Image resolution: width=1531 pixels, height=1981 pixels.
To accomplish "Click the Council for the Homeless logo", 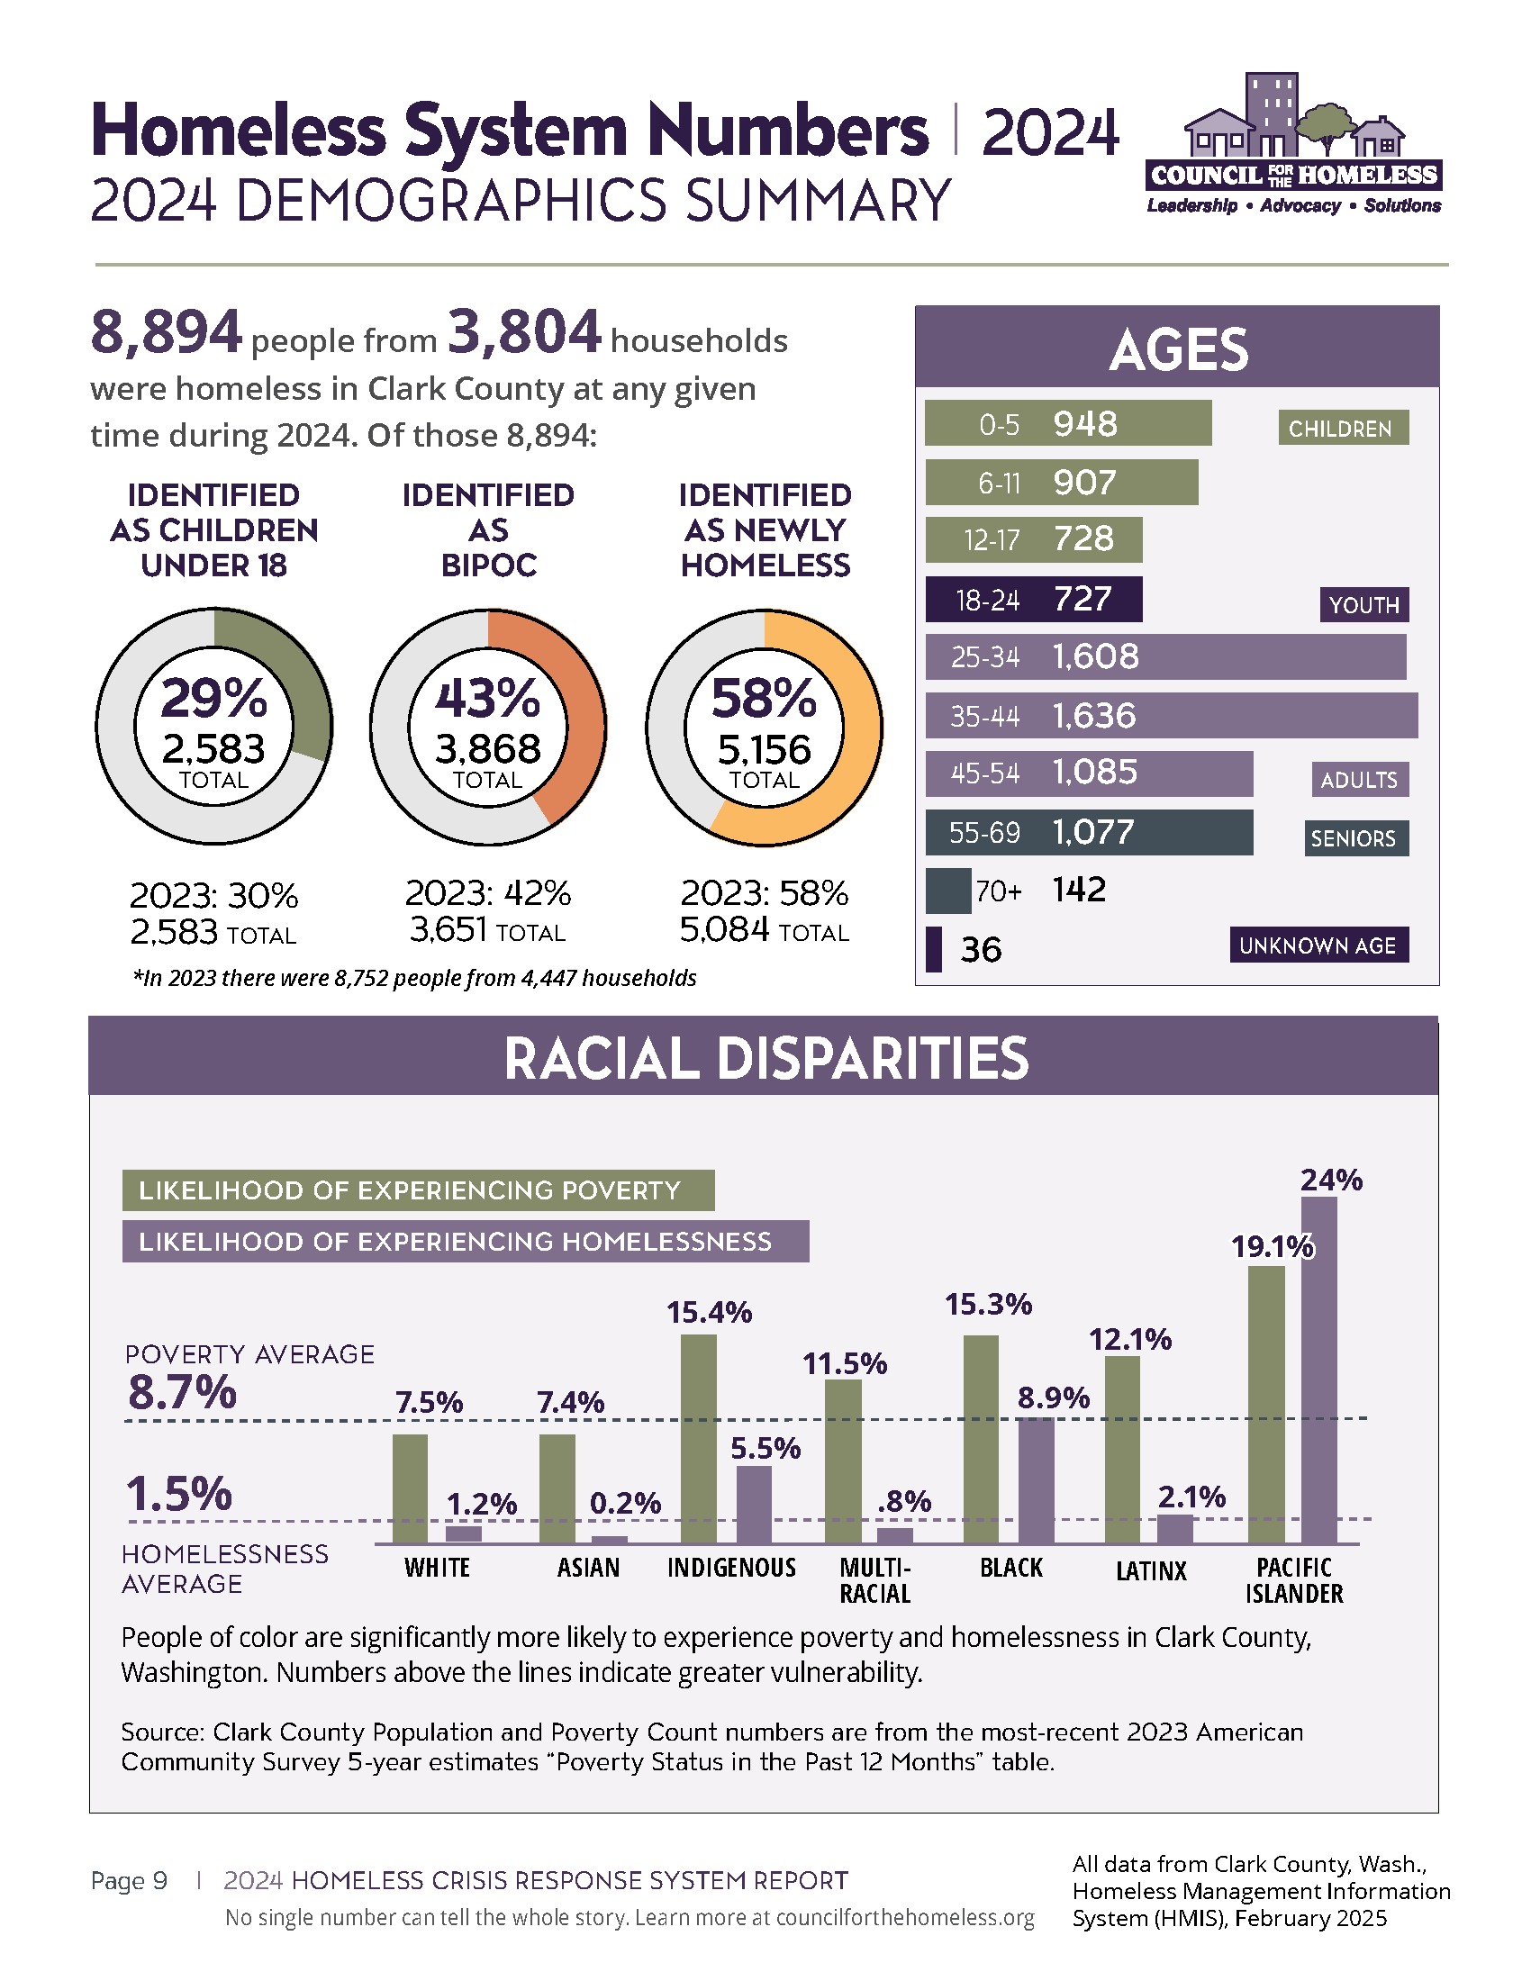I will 1294,145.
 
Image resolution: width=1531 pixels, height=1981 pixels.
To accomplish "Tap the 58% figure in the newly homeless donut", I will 764,700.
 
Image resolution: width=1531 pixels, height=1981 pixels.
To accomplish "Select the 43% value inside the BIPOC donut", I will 488,700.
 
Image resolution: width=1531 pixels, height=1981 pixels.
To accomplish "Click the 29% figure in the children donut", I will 214,700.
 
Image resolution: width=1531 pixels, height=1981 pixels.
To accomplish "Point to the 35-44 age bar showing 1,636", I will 1171,716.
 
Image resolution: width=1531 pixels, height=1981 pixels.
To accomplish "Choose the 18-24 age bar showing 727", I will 1033,600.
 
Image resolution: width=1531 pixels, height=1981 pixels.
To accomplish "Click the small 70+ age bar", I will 947,891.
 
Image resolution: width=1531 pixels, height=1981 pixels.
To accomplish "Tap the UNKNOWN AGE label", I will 1318,945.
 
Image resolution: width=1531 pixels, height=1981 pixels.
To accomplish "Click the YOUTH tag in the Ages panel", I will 1363,605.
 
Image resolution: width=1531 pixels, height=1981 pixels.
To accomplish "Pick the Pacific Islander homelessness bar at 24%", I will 1318,1370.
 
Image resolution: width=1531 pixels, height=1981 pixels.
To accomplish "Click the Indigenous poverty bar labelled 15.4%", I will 698,1439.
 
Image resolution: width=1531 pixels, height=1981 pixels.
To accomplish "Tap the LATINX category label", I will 1151,1571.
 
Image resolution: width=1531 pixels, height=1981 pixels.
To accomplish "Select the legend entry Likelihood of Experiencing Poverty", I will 418,1190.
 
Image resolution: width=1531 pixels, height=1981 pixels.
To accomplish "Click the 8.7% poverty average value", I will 182,1392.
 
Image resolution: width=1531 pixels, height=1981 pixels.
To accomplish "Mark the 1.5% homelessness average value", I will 179,1494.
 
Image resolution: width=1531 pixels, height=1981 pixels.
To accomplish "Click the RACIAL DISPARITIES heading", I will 765,1058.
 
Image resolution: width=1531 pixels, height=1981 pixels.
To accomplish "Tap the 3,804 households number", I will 524,332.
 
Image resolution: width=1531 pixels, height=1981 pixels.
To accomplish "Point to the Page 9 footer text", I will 129,1881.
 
